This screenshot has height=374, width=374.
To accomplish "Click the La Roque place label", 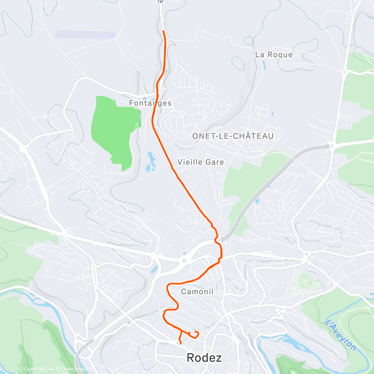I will [273, 55].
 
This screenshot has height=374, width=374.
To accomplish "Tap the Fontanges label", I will [150, 103].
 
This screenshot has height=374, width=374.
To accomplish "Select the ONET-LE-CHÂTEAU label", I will [233, 136].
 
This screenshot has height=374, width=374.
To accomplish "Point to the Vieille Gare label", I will [200, 162].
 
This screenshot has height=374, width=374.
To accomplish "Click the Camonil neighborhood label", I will [197, 291].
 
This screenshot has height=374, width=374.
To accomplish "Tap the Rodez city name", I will [204, 358].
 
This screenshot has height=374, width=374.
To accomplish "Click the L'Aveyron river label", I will [341, 335].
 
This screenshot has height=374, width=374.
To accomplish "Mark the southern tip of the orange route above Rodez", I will [181, 343].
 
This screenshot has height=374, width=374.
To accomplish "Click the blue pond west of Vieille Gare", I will [151, 161].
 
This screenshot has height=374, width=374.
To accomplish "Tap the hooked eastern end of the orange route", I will [197, 334].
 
